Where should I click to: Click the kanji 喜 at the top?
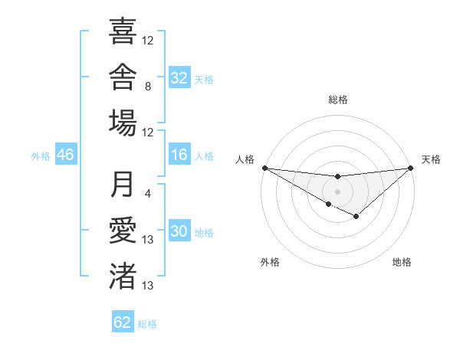123,31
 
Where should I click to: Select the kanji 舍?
123,77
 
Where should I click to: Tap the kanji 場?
123,123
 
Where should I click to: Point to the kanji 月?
122,184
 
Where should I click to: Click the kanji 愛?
123,230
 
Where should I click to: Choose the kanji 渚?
123,276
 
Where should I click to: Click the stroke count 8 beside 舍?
148,87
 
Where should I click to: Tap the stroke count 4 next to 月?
148,194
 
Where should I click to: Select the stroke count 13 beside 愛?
147,240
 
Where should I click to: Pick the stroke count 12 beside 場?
147,133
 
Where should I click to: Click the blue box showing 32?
179,77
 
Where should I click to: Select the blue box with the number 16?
179,154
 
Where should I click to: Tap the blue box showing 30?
179,230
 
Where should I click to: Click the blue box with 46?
66,154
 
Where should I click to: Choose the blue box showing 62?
123,321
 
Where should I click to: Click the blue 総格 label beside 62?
147,324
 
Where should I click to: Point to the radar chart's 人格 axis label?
245,159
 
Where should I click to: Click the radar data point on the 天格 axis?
411,168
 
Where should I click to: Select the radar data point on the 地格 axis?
356,216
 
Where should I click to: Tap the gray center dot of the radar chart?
337,191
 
